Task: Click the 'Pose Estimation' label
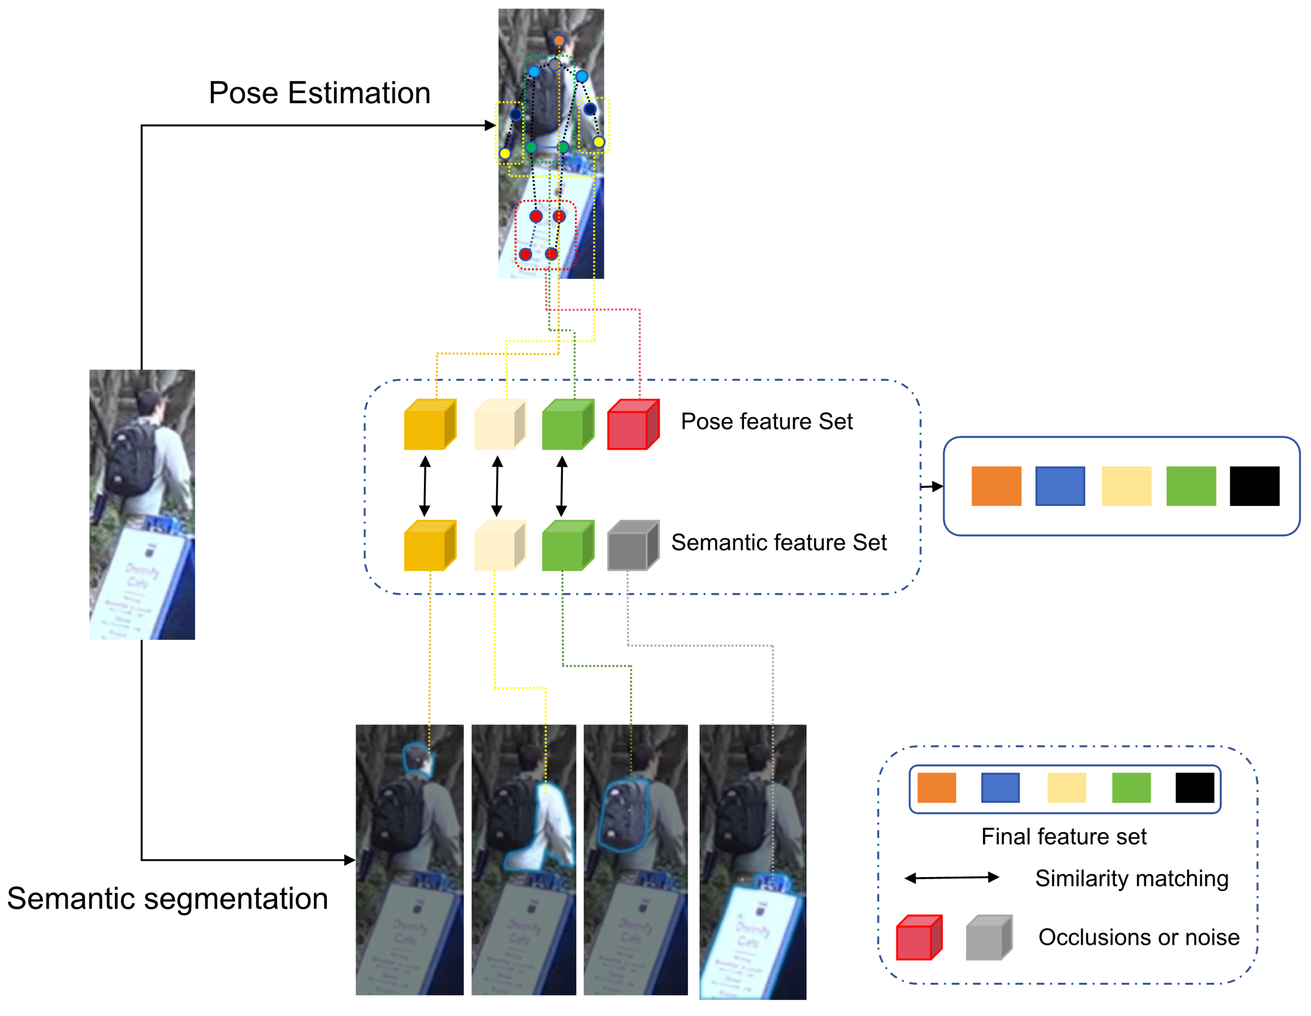tap(319, 93)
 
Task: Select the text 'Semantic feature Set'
tap(778, 542)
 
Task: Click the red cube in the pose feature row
tap(632, 425)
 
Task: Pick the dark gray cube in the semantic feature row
tap(632, 546)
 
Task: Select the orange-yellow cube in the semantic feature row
tap(429, 546)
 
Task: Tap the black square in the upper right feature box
tap(1254, 486)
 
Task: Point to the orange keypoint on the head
tap(559, 41)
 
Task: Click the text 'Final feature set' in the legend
tap(1063, 836)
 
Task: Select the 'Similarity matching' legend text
tap(1132, 878)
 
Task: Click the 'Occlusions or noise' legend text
tap(1138, 937)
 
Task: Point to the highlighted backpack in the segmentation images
tap(625, 814)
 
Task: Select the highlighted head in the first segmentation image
tap(417, 760)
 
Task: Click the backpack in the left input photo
tap(131, 459)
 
